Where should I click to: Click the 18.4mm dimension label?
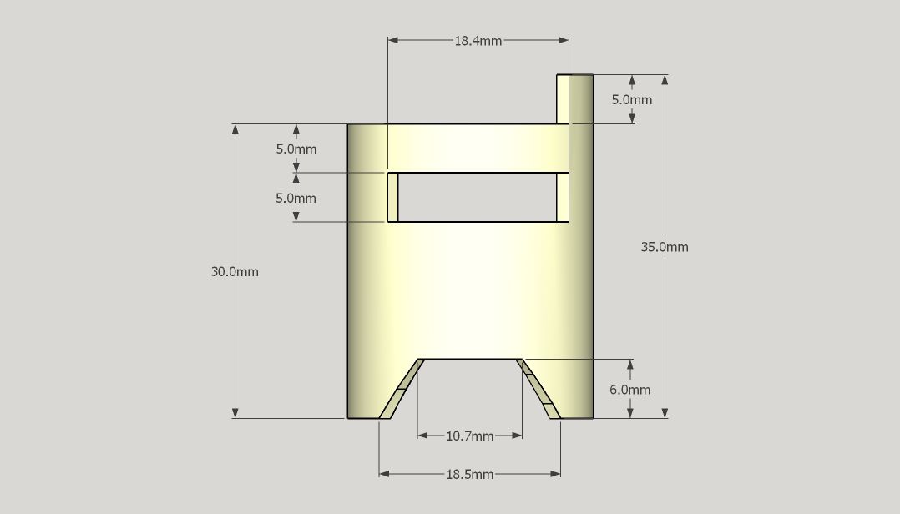pyautogui.click(x=478, y=41)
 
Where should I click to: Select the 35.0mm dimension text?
pyautogui.click(x=665, y=247)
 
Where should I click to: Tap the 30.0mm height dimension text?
pyautogui.click(x=235, y=271)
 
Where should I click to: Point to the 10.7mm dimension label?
pyautogui.click(x=469, y=436)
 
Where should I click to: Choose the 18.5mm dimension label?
pyautogui.click(x=469, y=475)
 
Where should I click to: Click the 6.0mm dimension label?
pyautogui.click(x=630, y=390)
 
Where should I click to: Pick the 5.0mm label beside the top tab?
pyautogui.click(x=632, y=99)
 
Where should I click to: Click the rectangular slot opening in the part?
pyautogui.click(x=477, y=197)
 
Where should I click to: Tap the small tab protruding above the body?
pyautogui.click(x=574, y=98)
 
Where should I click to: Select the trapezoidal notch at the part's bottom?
pyautogui.click(x=469, y=389)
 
